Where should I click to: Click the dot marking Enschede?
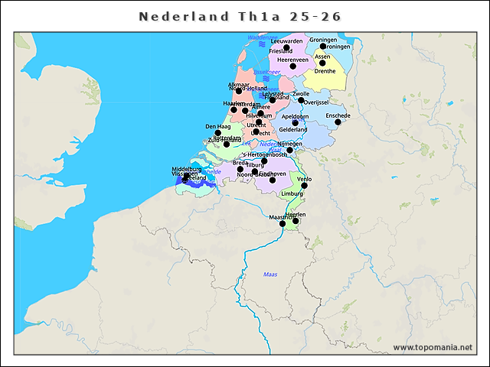[x=338, y=122]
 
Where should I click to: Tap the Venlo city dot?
[x=305, y=185]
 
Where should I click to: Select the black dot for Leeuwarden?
[x=286, y=47]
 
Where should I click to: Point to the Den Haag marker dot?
[x=217, y=133]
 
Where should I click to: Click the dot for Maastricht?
[x=283, y=224]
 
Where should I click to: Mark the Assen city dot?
[x=322, y=63]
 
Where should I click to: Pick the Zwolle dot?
[x=301, y=100]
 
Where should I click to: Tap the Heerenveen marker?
[x=292, y=66]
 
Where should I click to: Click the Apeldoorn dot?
[x=295, y=123]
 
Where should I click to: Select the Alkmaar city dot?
[x=238, y=91]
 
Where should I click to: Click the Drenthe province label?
[x=325, y=71]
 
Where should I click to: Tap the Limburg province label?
[x=292, y=194]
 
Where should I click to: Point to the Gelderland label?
[x=292, y=130]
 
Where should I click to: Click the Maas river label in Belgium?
[x=270, y=274]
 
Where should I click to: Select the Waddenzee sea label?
[x=263, y=37]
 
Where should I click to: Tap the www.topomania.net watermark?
[x=433, y=348]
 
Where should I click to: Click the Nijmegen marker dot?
[x=289, y=150]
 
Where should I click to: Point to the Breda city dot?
[x=240, y=169]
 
